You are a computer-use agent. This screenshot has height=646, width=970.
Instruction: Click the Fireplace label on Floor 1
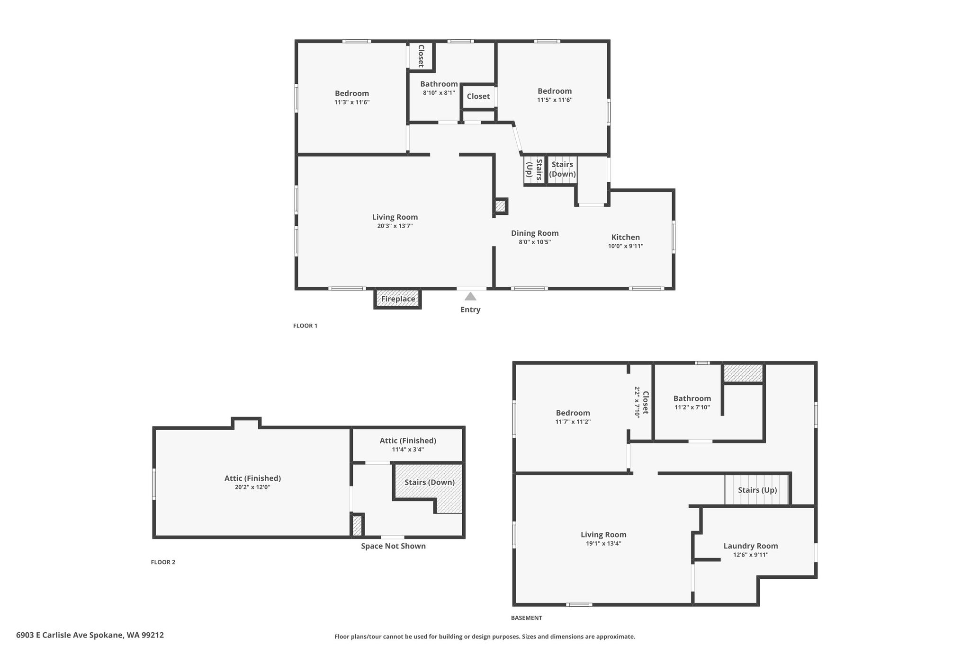pos(398,299)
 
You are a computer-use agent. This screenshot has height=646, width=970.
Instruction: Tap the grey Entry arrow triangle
pos(470,296)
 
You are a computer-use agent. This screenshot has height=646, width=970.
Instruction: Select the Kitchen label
pos(626,237)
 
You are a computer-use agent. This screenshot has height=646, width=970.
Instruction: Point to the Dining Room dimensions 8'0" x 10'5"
pos(535,242)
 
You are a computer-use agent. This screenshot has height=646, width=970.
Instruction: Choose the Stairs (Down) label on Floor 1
pos(562,169)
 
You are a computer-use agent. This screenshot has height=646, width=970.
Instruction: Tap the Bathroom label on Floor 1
pos(439,84)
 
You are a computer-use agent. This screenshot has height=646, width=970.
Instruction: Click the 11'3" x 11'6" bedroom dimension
pos(352,102)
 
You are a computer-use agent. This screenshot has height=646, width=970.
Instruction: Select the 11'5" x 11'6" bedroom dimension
pos(555,100)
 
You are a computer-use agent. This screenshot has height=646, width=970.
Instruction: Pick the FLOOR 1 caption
pos(305,326)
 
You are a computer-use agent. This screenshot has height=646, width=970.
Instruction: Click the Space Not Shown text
pos(393,546)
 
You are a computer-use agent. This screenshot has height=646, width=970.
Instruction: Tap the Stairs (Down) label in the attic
pos(430,482)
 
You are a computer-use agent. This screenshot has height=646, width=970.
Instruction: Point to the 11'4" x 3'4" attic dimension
pos(408,450)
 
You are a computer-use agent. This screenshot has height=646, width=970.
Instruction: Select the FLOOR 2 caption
pos(163,562)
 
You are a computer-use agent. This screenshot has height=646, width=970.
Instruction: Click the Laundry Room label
pos(751,546)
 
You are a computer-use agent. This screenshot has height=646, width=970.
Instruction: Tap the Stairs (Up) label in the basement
pos(757,490)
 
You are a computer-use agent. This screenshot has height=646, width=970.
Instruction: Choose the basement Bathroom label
pos(692,398)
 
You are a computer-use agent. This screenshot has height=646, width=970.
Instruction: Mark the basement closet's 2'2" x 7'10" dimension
pos(638,402)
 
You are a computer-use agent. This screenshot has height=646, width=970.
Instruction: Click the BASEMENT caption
pos(526,618)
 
